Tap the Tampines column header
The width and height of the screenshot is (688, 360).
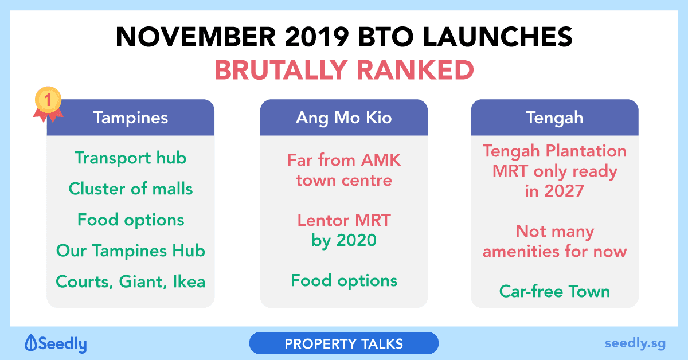pos(131,118)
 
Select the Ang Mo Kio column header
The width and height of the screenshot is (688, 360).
pos(343,118)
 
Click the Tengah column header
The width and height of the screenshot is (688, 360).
pos(554,118)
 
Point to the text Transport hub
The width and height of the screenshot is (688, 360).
pos(131,158)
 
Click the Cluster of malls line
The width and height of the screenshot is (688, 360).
pos(131,188)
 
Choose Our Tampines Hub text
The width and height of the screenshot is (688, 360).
pos(131,251)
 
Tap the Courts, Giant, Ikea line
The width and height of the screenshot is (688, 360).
pos(131,281)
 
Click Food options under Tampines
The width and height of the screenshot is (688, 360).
pos(131,220)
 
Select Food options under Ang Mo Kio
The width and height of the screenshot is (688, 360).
pos(344,281)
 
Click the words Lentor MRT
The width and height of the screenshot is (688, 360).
pos(344,220)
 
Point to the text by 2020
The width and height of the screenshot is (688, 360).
pos(344,240)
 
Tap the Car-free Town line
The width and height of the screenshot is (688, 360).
pos(555,291)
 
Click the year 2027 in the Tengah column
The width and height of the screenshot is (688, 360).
pos(564,191)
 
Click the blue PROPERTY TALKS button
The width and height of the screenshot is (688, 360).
pos(343,343)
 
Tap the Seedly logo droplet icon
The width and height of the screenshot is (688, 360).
pos(31,343)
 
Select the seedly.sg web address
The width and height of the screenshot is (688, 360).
pos(635,343)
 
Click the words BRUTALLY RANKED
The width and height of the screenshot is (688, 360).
pos(344,70)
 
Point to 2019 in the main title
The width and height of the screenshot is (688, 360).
pos(316,37)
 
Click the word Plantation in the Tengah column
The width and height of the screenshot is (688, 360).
pos(586,151)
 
